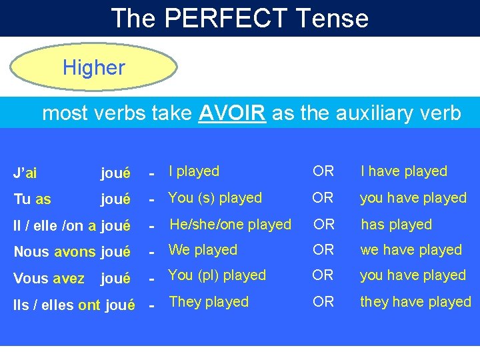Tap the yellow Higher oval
pyautogui.click(x=93, y=67)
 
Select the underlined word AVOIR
pyautogui.click(x=233, y=113)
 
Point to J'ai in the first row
pyautogui.click(x=25, y=173)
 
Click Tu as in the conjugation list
pyautogui.click(x=32, y=199)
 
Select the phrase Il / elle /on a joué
pyautogui.click(x=71, y=225)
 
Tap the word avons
pyautogui.click(x=75, y=251)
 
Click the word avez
pyautogui.click(x=69, y=278)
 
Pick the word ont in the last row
pyautogui.click(x=89, y=305)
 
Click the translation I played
pyautogui.click(x=194, y=171)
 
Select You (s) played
pyautogui.click(x=215, y=198)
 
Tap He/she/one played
pyautogui.click(x=230, y=225)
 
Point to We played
pyautogui.click(x=203, y=250)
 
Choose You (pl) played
pyautogui.click(x=217, y=275)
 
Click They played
pyautogui.click(x=209, y=302)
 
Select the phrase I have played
pyautogui.click(x=403, y=171)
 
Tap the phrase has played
pyautogui.click(x=396, y=225)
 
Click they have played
pyautogui.click(x=415, y=302)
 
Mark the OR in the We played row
pyautogui.click(x=323, y=250)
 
